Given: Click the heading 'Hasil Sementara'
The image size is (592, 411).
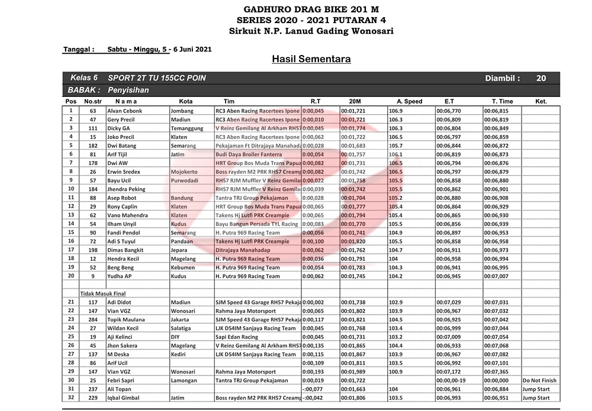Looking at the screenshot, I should click(x=311, y=59).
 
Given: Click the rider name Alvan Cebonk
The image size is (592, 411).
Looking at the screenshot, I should click(x=124, y=111).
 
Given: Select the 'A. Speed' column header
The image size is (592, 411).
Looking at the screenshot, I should click(x=409, y=101).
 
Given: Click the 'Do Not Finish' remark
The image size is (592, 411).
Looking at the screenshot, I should click(x=539, y=380).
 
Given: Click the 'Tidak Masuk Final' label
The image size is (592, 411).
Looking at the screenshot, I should click(x=104, y=293).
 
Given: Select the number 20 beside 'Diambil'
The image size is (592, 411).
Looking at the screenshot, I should click(x=541, y=78).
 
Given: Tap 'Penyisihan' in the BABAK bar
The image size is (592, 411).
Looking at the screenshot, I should click(x=128, y=90).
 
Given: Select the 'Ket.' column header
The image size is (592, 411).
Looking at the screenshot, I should click(x=540, y=101).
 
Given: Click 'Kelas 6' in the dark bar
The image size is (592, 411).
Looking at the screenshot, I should click(x=84, y=78).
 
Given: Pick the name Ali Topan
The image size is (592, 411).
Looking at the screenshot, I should click(x=120, y=389).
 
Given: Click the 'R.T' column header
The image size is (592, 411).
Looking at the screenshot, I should click(x=316, y=101).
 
